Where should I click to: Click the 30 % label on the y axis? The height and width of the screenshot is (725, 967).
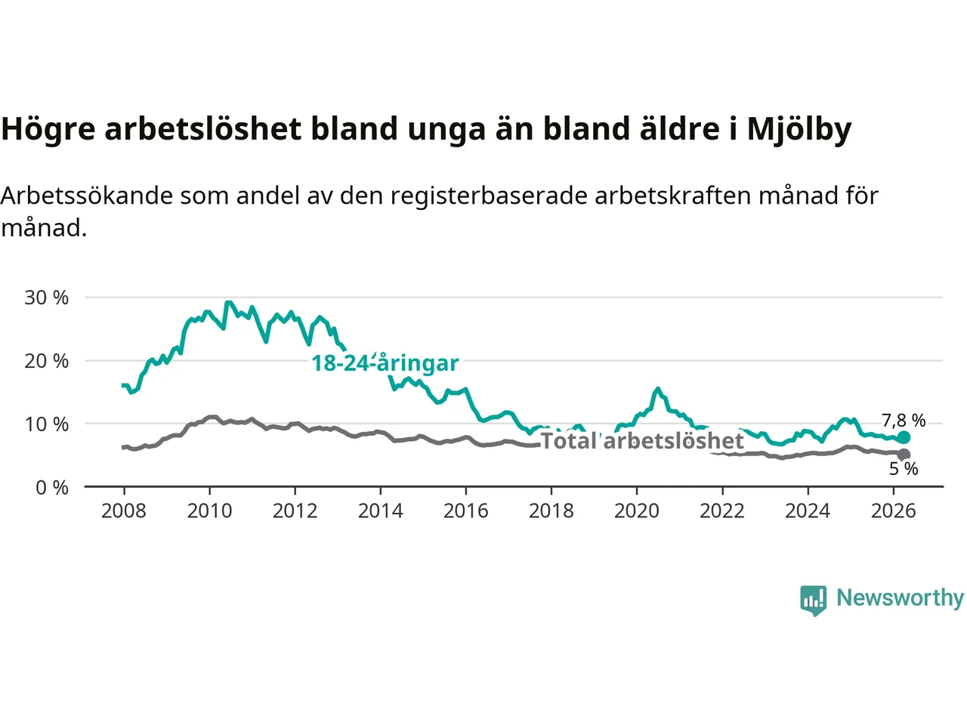[x=46, y=298]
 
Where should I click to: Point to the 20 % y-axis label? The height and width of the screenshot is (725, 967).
[x=46, y=361]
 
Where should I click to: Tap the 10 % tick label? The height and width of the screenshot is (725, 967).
[x=46, y=424]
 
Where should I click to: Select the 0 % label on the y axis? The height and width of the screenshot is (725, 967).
[x=52, y=488]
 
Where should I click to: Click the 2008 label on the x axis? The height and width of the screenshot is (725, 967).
[x=124, y=511]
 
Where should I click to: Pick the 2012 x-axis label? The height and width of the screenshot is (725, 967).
[x=295, y=511]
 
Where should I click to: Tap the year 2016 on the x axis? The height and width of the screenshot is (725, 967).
[x=465, y=511]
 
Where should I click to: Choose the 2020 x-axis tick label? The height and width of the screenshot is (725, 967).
[x=637, y=511]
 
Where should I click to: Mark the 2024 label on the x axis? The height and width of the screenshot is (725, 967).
[x=808, y=511]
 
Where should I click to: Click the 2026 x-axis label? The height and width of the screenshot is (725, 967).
[x=894, y=511]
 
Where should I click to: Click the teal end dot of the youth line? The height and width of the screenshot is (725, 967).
[x=904, y=437]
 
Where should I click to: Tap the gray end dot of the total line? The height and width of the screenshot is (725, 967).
[x=904, y=455]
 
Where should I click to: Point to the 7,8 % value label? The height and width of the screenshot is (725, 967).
[x=904, y=421]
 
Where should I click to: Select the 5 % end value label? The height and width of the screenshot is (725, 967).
[x=904, y=469]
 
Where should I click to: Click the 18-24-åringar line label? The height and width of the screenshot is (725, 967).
[x=385, y=363]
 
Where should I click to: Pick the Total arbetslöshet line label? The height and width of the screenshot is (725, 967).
[x=642, y=440]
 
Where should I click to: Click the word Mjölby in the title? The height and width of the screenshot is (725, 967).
[x=799, y=129]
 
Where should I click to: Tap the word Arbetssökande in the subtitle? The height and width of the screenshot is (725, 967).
[x=87, y=196]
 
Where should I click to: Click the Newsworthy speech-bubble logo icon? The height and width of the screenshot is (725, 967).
[x=813, y=600]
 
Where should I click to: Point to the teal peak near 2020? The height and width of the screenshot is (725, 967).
[x=658, y=389]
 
